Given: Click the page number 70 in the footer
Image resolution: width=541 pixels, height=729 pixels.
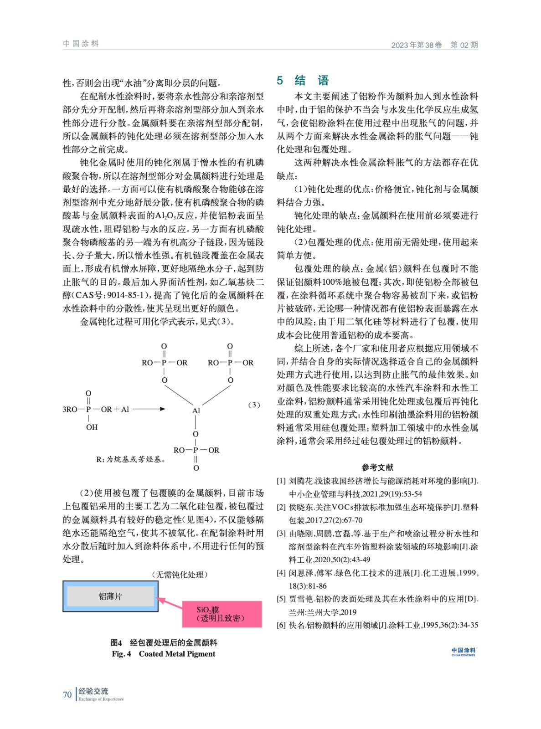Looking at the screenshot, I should coord(67,694).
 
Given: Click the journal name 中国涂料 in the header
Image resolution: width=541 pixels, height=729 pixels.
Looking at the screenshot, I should coord(81,44).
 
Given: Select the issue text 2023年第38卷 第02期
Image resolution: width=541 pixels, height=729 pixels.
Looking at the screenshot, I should coord(434,45).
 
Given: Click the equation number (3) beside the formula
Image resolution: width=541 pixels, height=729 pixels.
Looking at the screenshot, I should coord(254,405).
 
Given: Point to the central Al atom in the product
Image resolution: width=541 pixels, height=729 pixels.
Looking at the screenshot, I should coord(196,411).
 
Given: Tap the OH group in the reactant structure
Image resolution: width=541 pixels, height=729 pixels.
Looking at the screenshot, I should coord(92,427).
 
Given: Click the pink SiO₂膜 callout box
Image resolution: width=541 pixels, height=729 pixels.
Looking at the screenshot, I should coord(222,614).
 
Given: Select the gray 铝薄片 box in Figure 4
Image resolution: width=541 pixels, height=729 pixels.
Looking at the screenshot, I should coord(110,596).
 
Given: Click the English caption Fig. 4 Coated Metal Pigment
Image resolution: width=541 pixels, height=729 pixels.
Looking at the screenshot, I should coord(164,654).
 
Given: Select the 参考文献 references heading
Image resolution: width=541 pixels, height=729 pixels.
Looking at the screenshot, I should coord(377,467).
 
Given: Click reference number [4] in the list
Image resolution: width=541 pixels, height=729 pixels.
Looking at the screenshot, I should coord(281,573).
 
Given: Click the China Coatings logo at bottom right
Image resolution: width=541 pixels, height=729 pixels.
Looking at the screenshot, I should coord(464,652).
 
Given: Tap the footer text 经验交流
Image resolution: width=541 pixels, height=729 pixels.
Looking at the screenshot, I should coord(93,691).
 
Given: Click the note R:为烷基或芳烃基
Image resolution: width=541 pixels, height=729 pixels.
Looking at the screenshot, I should coord(131,459).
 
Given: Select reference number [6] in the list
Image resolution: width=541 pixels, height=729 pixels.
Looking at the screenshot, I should coord(281,625).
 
